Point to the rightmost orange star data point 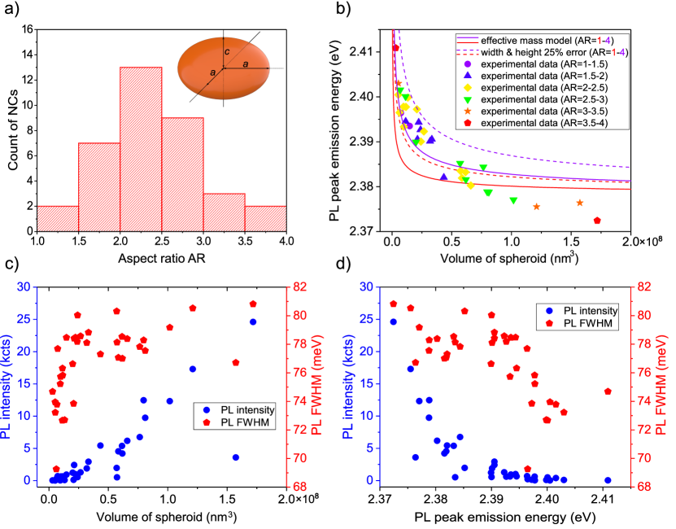[579, 203]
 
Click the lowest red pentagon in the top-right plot [597, 221]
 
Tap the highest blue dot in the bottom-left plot [253, 321]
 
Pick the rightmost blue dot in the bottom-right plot [608, 480]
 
